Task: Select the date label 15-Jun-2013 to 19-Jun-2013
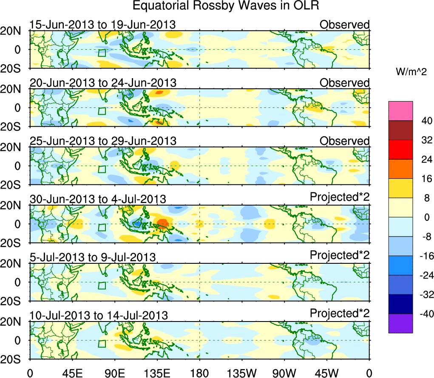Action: point(102,25)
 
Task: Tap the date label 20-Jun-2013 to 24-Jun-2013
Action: point(103,83)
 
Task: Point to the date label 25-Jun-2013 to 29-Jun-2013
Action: point(103,141)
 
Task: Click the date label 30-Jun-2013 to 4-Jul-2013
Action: point(98,199)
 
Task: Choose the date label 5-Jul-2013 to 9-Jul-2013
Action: point(93,257)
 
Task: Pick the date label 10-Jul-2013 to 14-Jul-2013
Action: point(99,315)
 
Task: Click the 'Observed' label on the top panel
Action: point(344,25)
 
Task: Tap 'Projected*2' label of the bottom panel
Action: point(340,313)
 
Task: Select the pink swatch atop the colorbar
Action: point(400,111)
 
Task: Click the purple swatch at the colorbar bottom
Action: point(400,323)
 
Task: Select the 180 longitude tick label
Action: point(199,373)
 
